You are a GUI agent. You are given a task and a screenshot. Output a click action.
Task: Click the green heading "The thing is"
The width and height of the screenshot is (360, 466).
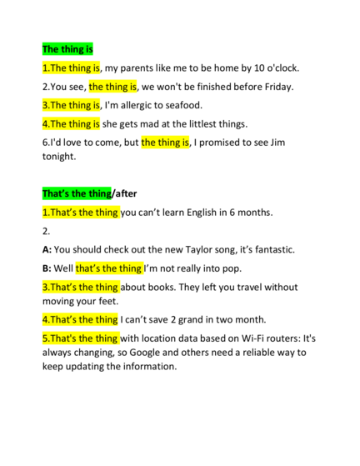(x=67, y=49)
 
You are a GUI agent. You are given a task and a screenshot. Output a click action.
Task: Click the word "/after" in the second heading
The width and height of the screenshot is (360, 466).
(x=124, y=193)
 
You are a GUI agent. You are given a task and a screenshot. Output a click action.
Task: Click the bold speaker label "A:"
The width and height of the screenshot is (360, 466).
(x=47, y=249)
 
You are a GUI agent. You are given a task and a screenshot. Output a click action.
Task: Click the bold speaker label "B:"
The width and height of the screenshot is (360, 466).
(x=47, y=268)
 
